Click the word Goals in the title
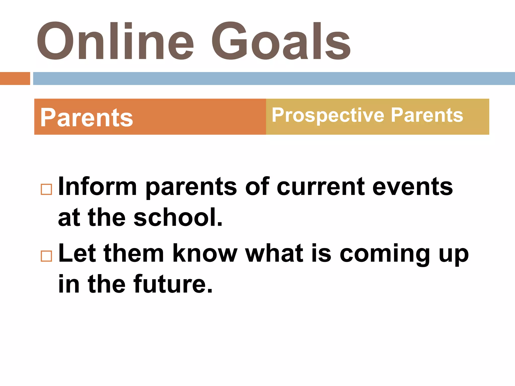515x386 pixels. (281, 41)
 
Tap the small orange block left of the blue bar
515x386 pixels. (15, 78)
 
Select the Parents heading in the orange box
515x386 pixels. (87, 118)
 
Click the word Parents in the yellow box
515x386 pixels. (427, 115)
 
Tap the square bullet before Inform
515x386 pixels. (46, 189)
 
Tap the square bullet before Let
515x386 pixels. (46, 256)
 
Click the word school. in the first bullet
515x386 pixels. (178, 217)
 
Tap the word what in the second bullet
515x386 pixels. (274, 253)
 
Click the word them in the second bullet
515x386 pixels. (134, 253)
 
